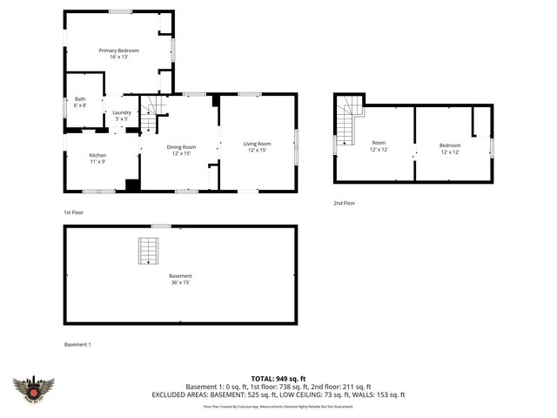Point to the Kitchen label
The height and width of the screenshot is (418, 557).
coord(98,158)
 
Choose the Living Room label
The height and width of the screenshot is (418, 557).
coord(257,146)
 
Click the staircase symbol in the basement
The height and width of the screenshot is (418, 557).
coord(149,252)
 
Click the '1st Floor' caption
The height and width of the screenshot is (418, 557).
coord(74,212)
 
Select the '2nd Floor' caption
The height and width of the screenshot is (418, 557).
coord(344,203)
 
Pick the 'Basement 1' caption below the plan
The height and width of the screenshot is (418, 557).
coord(77,344)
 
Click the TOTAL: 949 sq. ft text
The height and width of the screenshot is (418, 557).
coord(278,379)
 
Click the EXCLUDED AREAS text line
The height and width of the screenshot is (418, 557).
coord(278,394)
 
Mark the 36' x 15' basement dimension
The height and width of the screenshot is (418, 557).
coord(180,282)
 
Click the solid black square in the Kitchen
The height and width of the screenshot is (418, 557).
coord(131,185)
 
